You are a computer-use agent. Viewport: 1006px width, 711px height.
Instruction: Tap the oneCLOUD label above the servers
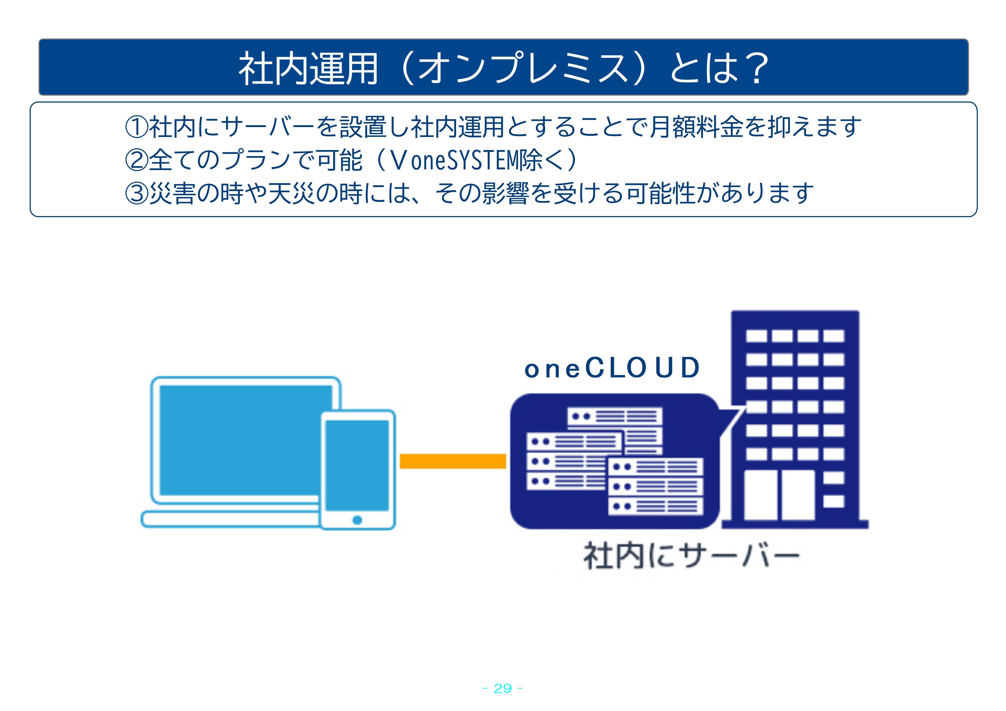coord(612,368)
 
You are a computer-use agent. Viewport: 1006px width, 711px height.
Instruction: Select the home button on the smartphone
coord(357,520)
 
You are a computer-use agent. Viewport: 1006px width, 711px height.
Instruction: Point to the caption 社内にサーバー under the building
coord(691,556)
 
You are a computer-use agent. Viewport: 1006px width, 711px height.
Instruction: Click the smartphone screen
coord(357,465)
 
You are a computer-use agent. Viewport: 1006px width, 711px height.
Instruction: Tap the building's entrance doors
coord(780,495)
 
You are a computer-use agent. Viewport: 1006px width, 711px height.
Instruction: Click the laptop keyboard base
coord(230,519)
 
